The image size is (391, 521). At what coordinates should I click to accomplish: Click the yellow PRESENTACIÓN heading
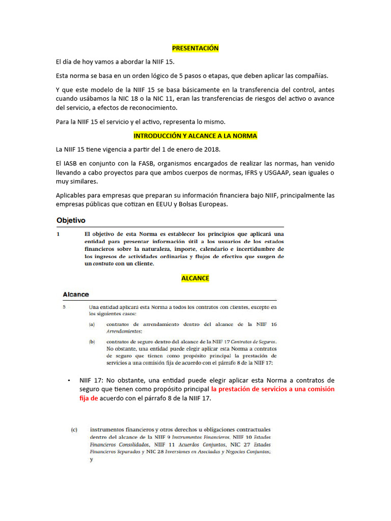pos(195,48)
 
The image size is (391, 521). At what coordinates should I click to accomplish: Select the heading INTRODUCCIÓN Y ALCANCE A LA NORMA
pos(195,136)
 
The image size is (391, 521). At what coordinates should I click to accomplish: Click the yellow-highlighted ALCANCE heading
pos(195,278)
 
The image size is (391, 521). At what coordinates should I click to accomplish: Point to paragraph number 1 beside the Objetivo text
pos(59,234)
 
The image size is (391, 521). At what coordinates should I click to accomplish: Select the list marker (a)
pos(92,324)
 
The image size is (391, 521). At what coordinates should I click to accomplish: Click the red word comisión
pos(319,389)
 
